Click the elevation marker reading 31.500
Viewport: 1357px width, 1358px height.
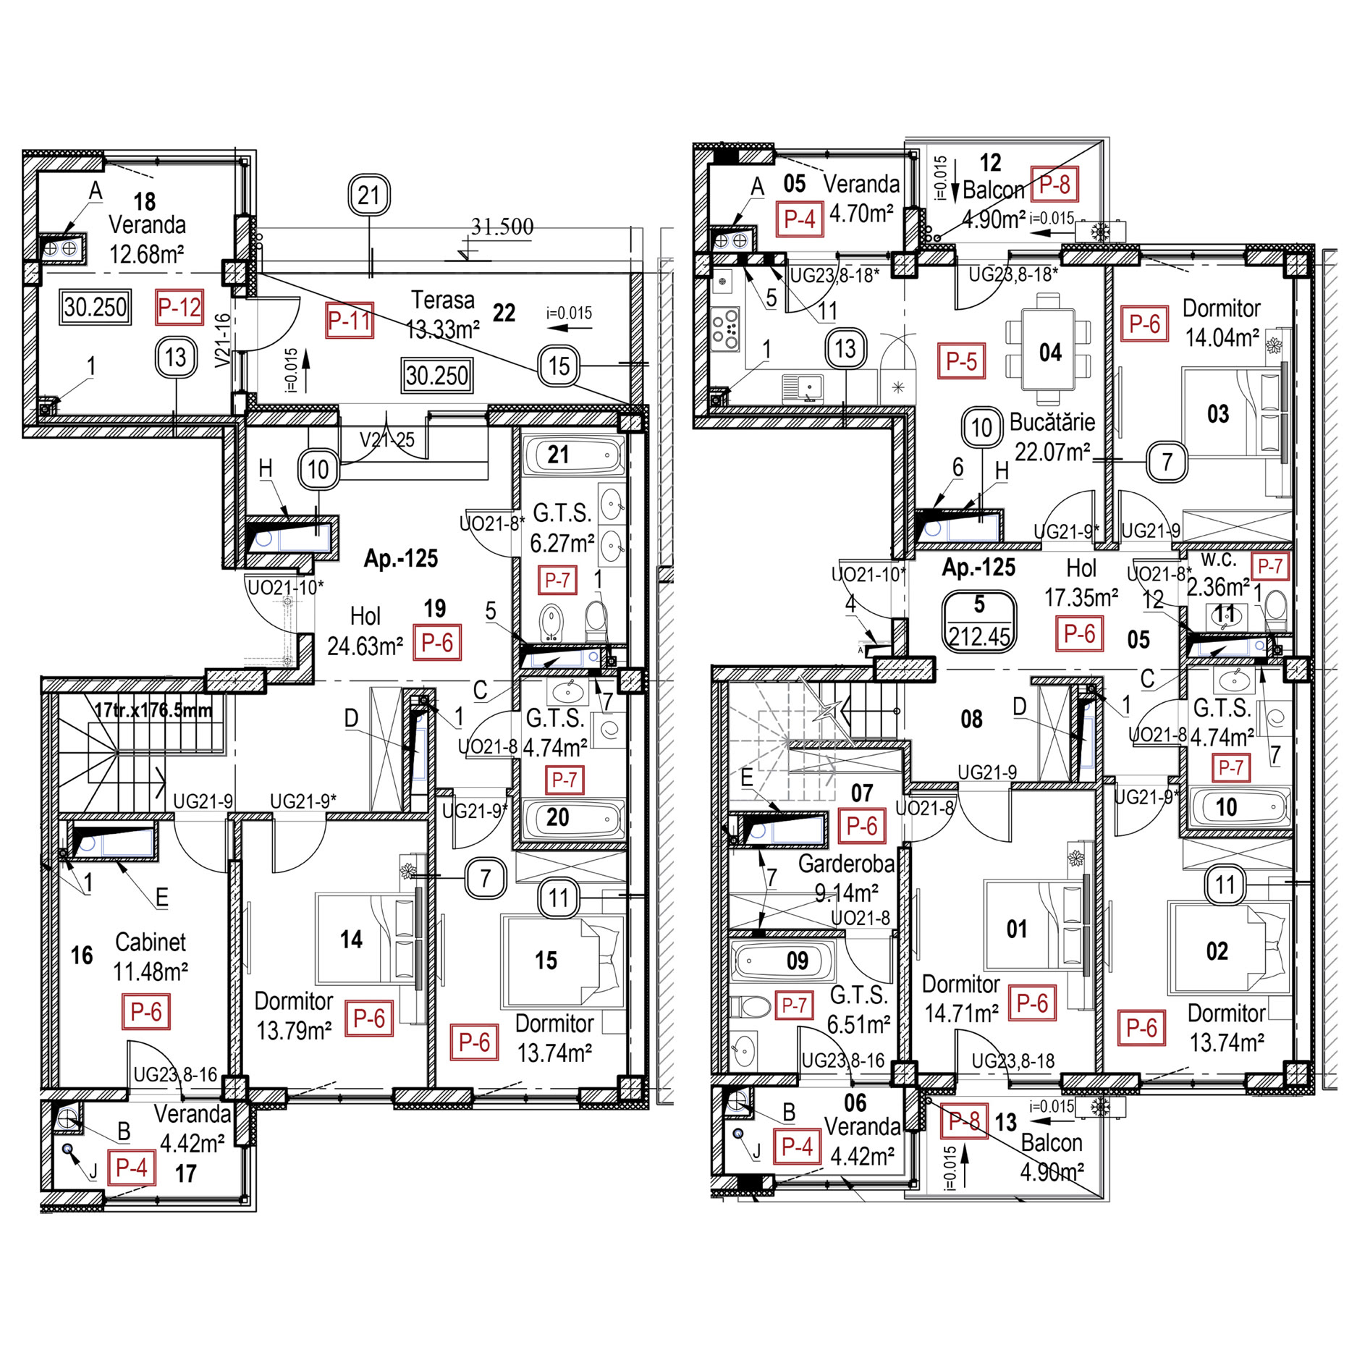pos(502,227)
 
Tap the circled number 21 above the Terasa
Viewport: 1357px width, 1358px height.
pos(369,195)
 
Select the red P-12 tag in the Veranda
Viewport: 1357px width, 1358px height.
pos(179,308)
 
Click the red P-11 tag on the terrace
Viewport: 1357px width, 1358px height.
pos(350,321)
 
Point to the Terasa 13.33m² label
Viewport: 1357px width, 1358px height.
pos(443,315)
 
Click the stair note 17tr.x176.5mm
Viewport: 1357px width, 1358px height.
pos(153,710)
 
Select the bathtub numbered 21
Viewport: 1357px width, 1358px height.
pos(573,455)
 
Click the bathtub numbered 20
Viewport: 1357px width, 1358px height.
pos(573,819)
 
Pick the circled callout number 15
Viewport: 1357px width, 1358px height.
pos(559,366)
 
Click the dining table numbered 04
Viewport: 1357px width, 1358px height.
pos(1049,353)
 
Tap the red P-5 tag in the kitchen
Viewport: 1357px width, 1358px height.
pos(961,361)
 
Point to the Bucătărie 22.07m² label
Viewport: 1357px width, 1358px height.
pos(1052,437)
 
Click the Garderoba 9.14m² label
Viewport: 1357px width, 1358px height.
pos(846,878)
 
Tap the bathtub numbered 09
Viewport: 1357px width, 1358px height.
pos(782,961)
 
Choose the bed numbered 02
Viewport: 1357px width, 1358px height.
pos(1229,948)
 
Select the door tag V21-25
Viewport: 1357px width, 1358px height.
pos(387,439)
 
